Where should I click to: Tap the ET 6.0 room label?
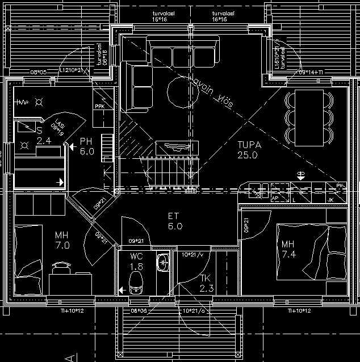tap(175, 221)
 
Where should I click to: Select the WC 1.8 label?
tap(137, 262)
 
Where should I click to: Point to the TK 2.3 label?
tap(206, 283)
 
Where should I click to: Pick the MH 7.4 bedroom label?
tap(288, 249)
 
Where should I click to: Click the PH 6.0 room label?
tap(86, 146)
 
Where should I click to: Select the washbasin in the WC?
tap(163, 262)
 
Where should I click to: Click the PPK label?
tap(99, 106)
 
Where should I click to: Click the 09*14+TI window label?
tap(310, 72)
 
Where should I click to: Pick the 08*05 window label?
tap(37, 72)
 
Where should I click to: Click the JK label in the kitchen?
tap(330, 200)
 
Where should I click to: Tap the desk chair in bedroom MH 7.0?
tap(61, 266)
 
